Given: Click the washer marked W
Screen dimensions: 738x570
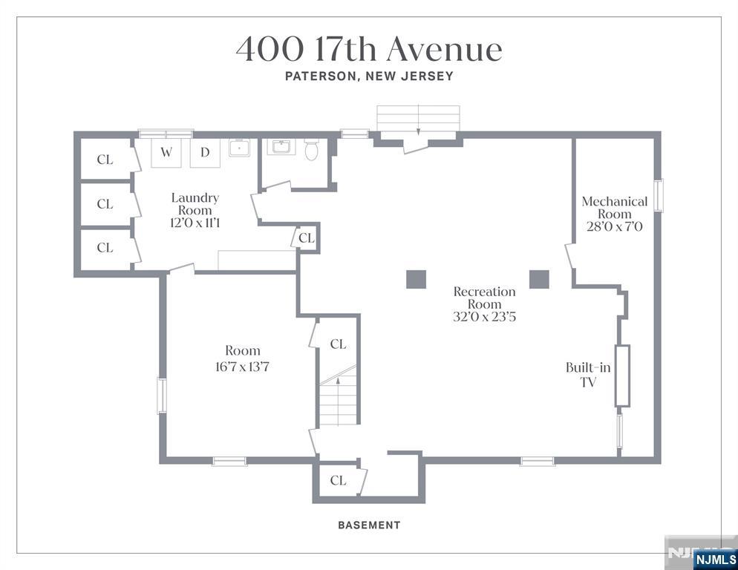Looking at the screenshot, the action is [166, 152].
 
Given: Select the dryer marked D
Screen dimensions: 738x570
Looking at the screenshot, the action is [205, 152].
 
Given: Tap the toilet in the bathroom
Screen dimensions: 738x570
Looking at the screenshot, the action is [312, 149].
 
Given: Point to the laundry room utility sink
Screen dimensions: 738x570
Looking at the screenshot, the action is [240, 148].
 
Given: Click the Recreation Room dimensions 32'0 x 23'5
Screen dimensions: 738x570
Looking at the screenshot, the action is [484, 317].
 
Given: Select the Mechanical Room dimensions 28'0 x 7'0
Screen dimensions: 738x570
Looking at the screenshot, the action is [614, 227].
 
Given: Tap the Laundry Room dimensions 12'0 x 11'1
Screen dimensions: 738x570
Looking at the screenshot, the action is [195, 223].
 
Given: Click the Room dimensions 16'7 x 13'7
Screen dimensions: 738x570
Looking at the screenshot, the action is [242, 367].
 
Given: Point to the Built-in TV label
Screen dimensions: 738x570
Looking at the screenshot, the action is [588, 374].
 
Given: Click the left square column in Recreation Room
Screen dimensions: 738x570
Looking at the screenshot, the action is [416, 279].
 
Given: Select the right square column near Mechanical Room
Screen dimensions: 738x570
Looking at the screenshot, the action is [539, 279].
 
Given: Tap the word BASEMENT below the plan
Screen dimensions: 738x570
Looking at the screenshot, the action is [369, 525].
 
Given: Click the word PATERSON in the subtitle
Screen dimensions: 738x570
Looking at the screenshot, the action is [319, 76].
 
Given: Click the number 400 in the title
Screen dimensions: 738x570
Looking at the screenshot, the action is [270, 50].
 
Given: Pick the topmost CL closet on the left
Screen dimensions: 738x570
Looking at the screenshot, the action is [105, 160].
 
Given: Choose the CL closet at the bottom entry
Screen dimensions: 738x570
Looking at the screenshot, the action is [338, 481].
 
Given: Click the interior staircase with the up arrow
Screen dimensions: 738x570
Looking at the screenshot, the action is [338, 396].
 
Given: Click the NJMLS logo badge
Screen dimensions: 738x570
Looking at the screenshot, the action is [716, 560].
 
